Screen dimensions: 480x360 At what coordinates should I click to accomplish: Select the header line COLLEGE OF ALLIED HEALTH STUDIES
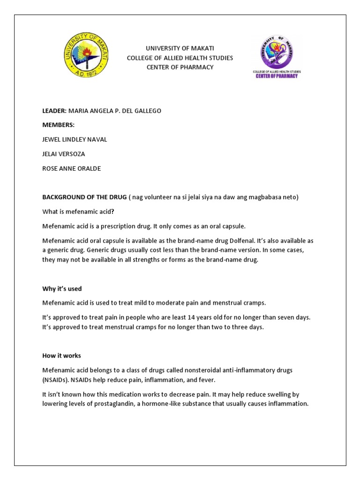click(180, 58)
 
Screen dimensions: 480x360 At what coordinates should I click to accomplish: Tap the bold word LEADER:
click(54, 111)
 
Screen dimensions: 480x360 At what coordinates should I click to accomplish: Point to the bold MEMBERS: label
click(58, 125)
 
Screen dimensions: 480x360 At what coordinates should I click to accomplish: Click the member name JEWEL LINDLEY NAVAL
click(75, 140)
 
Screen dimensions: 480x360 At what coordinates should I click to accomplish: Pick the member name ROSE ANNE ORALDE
click(71, 169)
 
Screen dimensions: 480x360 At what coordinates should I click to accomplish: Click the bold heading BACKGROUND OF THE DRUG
click(84, 197)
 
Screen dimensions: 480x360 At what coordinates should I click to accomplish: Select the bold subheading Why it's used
click(62, 289)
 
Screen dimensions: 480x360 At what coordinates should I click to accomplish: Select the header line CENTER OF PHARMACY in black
click(180, 67)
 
